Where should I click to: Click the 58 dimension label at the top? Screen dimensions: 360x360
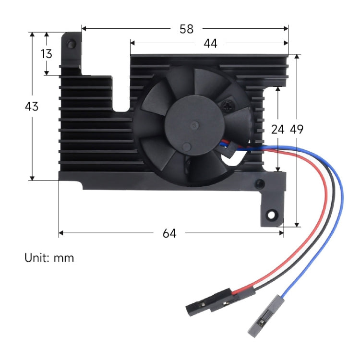pos(186,29)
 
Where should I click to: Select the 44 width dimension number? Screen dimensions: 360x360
pos(210,44)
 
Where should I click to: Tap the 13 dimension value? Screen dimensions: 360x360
pos(47,54)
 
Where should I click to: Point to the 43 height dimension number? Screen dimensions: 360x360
pos(32,107)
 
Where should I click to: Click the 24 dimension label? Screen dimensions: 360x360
pos(277,129)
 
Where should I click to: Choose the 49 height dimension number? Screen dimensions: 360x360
pos(297,129)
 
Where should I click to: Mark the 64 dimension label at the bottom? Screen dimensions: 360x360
pos(169,233)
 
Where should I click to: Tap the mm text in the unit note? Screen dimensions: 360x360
pos(64,258)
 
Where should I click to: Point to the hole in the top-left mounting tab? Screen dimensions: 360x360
pos(72,45)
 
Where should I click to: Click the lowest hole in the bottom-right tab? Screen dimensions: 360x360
pos(272,213)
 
